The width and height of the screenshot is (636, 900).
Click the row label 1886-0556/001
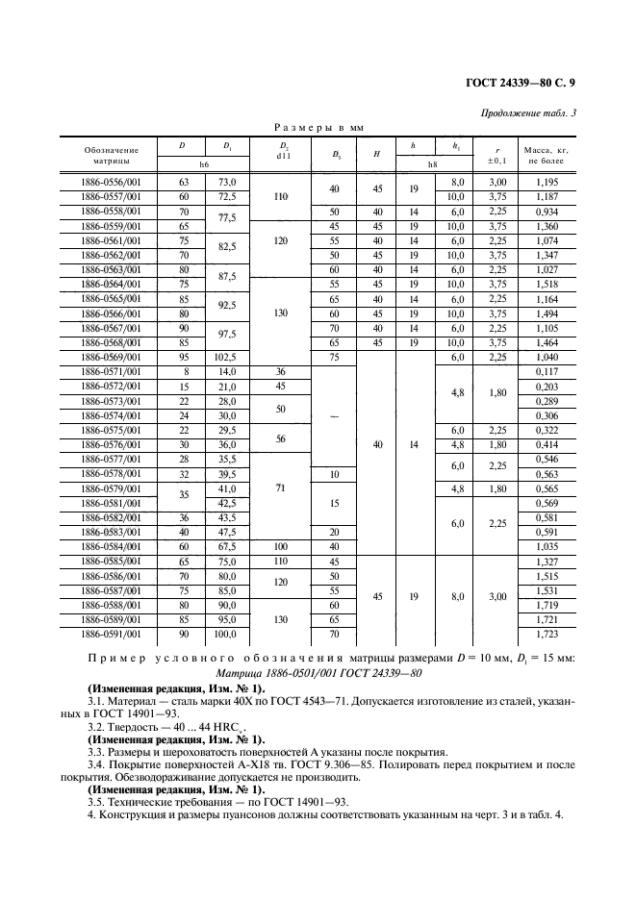click(x=111, y=182)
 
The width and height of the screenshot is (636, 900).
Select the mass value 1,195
click(x=547, y=182)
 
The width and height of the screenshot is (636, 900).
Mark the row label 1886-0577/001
click(x=111, y=460)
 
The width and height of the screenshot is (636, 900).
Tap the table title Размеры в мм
click(x=318, y=127)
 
